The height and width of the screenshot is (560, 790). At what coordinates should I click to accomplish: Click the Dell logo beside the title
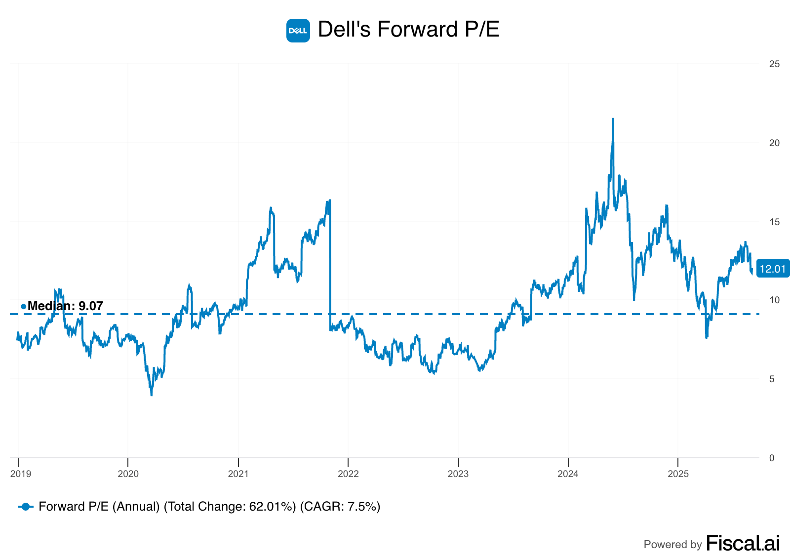point(298,31)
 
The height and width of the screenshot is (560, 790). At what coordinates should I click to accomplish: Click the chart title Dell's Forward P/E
point(408,30)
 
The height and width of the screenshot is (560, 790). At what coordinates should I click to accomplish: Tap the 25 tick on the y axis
point(774,64)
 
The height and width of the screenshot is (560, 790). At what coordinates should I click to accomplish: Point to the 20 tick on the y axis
point(774,143)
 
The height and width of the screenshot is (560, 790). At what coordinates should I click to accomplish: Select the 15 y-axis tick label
point(774,222)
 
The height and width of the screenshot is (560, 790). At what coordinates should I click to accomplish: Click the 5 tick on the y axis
point(772,379)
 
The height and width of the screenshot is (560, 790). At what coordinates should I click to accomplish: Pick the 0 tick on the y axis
point(772,458)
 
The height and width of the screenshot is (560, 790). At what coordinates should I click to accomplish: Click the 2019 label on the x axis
point(21,474)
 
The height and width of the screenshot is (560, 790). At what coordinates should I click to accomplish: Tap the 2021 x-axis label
point(238,474)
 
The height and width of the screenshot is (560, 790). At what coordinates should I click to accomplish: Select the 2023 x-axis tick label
point(458,474)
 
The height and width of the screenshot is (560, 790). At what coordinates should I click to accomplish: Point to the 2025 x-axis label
point(678,474)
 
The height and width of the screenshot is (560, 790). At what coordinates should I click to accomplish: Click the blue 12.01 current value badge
point(773,269)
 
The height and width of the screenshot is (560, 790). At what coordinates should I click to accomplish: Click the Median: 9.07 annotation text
point(65,306)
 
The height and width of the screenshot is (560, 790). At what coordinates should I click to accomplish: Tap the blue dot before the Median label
point(23,307)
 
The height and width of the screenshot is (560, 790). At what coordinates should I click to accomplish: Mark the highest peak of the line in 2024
point(613,119)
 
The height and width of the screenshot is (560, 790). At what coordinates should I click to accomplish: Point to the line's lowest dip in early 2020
point(151,395)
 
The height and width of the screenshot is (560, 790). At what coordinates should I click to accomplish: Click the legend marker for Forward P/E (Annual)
point(26,507)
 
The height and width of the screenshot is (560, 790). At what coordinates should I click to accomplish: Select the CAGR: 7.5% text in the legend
point(341,507)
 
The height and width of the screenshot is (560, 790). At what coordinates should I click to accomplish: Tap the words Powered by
point(672,545)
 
